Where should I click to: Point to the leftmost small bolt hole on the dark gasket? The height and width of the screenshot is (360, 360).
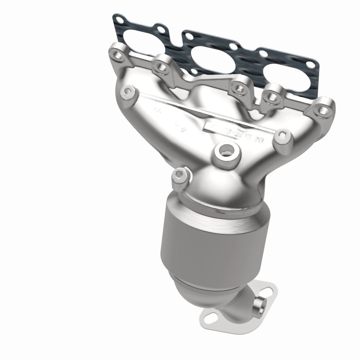118,19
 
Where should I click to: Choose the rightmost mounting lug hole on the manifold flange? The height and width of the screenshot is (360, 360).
322,108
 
